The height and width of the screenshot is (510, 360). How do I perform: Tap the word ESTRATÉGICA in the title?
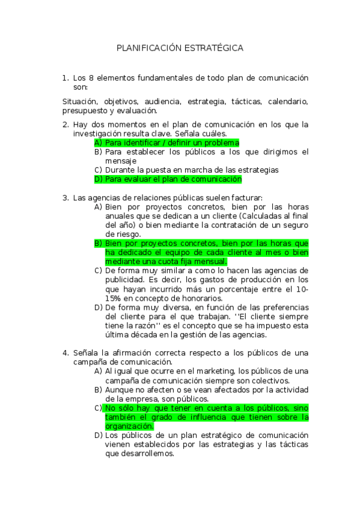click(214, 48)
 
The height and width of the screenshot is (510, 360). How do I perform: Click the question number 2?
click(65, 125)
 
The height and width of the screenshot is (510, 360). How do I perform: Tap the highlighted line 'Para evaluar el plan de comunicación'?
click(173, 179)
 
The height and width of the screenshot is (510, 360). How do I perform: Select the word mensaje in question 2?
click(121, 161)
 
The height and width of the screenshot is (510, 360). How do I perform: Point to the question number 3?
click(65, 197)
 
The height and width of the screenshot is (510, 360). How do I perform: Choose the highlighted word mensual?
click(210, 262)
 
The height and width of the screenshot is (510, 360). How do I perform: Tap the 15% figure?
click(113, 298)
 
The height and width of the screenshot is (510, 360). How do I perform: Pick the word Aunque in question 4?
click(119, 389)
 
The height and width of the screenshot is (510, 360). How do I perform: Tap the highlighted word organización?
click(129, 426)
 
